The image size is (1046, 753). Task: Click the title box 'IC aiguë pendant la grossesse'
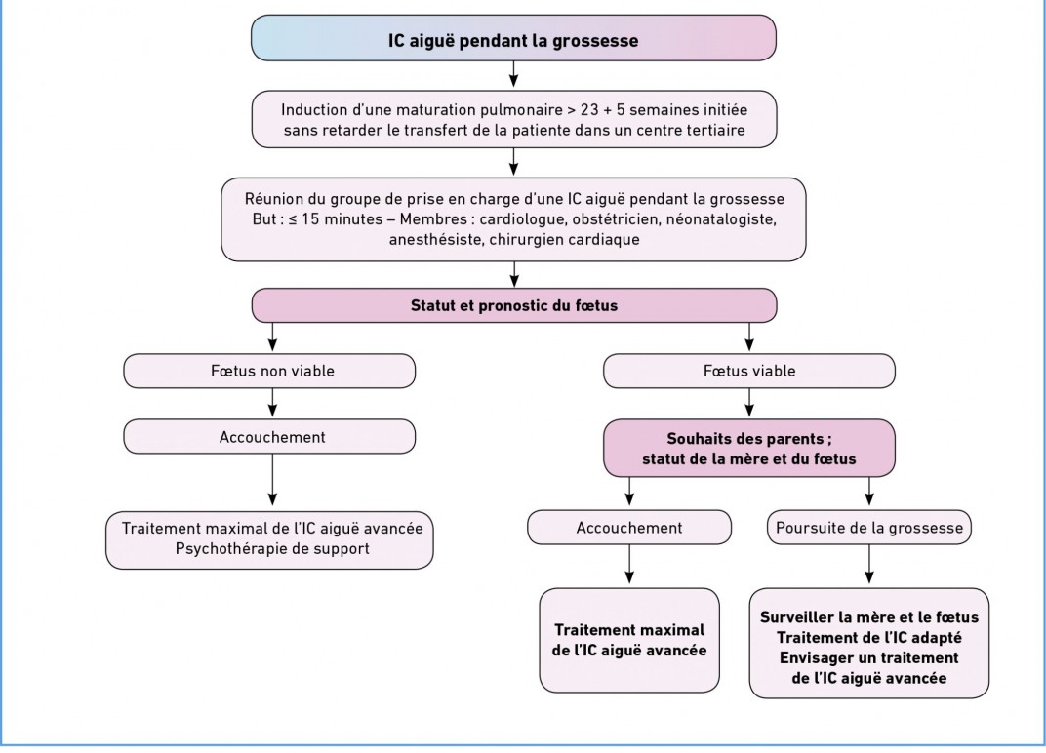pos(513,39)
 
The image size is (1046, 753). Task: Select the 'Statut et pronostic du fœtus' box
pos(513,305)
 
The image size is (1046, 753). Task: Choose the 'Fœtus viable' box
pos(749,371)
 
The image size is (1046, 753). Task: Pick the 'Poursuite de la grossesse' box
pos(869,528)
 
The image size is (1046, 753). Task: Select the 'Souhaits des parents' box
pos(749,449)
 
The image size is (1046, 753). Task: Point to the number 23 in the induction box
pos(589,110)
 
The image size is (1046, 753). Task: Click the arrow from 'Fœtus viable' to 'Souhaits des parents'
pos(749,403)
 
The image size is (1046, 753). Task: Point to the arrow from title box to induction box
pos(513,75)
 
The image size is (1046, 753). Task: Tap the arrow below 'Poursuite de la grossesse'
pos(869,565)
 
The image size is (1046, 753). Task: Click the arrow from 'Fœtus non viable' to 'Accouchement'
pos(272,403)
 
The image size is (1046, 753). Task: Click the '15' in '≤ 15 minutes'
pos(310,219)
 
